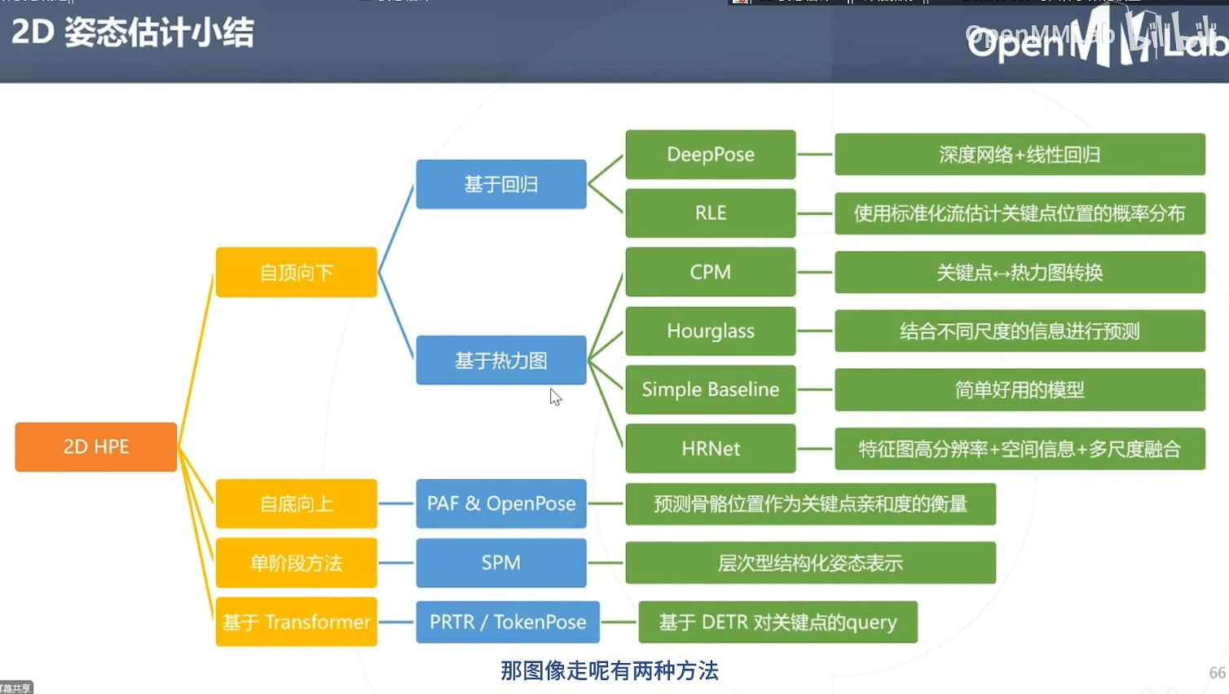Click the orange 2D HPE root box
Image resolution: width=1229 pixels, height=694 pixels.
(x=96, y=446)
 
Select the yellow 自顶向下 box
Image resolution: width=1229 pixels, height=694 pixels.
(x=296, y=272)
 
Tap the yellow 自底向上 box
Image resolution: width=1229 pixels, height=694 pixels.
(x=296, y=503)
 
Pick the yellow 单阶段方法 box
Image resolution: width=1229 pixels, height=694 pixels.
(x=296, y=562)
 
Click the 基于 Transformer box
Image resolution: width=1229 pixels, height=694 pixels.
(x=296, y=622)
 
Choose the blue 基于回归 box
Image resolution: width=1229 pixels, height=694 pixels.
(x=500, y=184)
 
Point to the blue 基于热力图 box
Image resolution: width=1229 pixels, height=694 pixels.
(x=500, y=360)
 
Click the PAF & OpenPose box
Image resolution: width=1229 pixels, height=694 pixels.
(x=500, y=503)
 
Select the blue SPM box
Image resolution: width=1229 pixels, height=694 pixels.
(x=500, y=562)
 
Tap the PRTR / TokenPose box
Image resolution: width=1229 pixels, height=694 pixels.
(x=508, y=622)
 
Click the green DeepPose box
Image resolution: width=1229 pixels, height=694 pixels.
(x=710, y=154)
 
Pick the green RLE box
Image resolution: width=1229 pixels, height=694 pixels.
(x=710, y=213)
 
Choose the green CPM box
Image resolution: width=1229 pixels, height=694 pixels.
(x=710, y=271)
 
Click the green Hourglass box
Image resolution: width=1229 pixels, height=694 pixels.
(x=710, y=331)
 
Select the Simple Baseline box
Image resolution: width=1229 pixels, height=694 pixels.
(x=710, y=389)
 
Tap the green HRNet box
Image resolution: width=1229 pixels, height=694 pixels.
(x=710, y=448)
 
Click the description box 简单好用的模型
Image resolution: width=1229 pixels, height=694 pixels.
(x=1020, y=389)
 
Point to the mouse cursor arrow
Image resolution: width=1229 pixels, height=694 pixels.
(x=554, y=396)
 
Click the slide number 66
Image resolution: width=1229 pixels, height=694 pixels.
(x=1217, y=673)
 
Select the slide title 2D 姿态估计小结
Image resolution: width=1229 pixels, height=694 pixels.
(x=132, y=33)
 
